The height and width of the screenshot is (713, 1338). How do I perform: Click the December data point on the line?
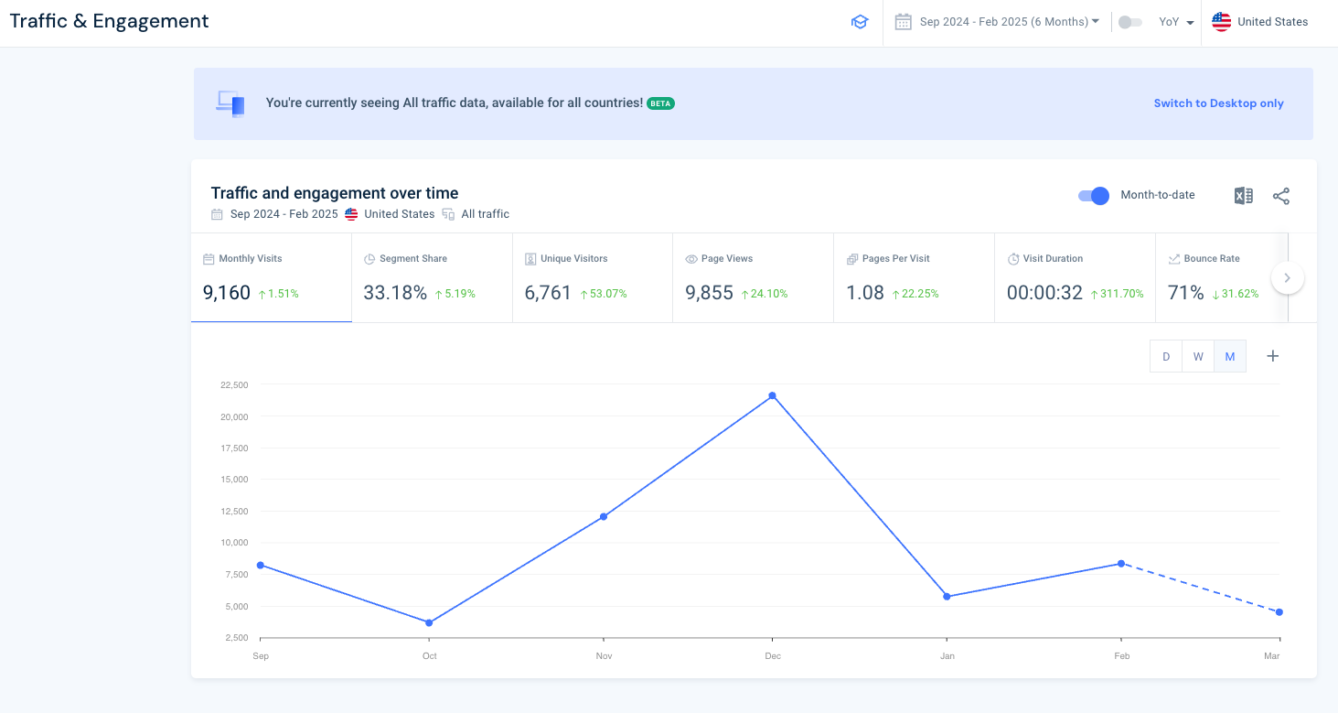[773, 395]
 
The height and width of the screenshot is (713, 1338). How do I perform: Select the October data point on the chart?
[429, 623]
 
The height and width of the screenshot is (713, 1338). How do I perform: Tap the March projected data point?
[1279, 612]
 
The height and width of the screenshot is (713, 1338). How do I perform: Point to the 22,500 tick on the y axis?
[235, 385]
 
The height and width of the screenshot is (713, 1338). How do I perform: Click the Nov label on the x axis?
[604, 656]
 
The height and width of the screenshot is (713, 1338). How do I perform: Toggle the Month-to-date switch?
[1094, 195]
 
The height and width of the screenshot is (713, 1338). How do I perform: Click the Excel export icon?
[1243, 196]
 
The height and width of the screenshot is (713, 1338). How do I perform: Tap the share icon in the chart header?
[1281, 196]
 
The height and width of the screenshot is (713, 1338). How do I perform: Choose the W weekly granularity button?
[1198, 357]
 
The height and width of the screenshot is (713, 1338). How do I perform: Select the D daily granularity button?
[1166, 357]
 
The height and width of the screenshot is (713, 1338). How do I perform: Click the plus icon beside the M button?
[1272, 356]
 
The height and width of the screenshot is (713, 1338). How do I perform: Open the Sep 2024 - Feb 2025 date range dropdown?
[1009, 22]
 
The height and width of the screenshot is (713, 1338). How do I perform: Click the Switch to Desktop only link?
[1218, 103]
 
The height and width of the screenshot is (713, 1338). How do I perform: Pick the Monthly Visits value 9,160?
[226, 293]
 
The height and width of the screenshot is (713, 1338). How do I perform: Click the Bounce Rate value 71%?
[1186, 293]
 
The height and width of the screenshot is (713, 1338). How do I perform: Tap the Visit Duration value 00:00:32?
[1044, 293]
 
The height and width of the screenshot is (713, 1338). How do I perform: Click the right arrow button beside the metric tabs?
[1287, 277]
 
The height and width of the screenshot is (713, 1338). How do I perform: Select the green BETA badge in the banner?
[660, 103]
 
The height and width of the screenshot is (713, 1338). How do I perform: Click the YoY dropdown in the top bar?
[1176, 22]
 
